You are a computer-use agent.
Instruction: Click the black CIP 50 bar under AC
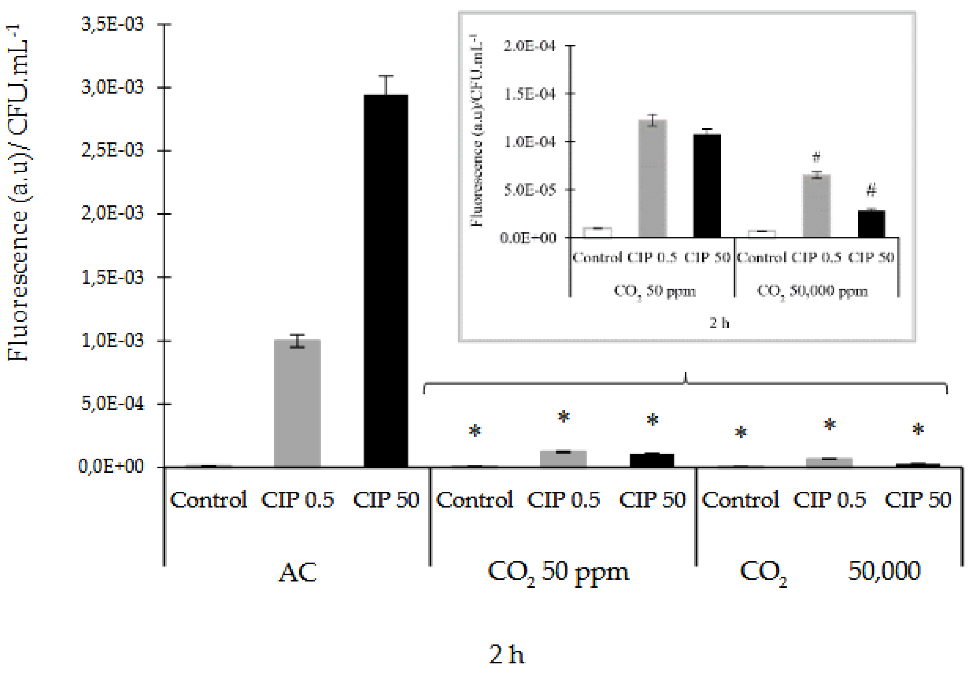386,281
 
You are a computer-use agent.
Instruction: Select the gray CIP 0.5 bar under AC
297,403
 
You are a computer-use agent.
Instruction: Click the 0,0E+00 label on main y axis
111,467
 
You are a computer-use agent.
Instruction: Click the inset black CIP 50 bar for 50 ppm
707,186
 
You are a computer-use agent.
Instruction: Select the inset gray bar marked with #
816,206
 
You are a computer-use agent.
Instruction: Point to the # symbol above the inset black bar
871,191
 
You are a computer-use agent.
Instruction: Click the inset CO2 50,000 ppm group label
812,291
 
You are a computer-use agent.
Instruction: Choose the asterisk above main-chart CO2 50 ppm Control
475,432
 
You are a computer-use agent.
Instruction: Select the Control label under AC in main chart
208,500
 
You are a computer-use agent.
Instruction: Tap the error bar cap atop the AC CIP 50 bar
386,76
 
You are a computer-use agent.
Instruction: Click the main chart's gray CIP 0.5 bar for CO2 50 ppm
563,459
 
